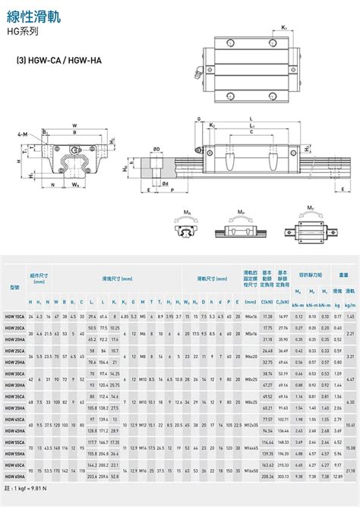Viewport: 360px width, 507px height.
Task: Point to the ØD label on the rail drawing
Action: tap(156, 149)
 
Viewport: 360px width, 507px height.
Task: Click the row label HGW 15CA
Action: tap(14, 315)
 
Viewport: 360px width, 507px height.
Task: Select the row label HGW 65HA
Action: tap(14, 476)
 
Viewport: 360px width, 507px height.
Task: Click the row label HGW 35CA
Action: tap(14, 395)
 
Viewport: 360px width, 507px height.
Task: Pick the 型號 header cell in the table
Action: tap(14, 288)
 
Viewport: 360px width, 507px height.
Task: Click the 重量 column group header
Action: tap(343, 275)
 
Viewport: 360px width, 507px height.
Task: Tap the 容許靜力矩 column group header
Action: tap(311, 275)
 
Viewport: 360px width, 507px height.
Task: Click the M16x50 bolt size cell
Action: tap(249, 470)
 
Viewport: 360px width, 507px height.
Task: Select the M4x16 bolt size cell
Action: tap(249, 315)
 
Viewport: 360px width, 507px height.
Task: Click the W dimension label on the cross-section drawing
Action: tap(74, 126)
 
